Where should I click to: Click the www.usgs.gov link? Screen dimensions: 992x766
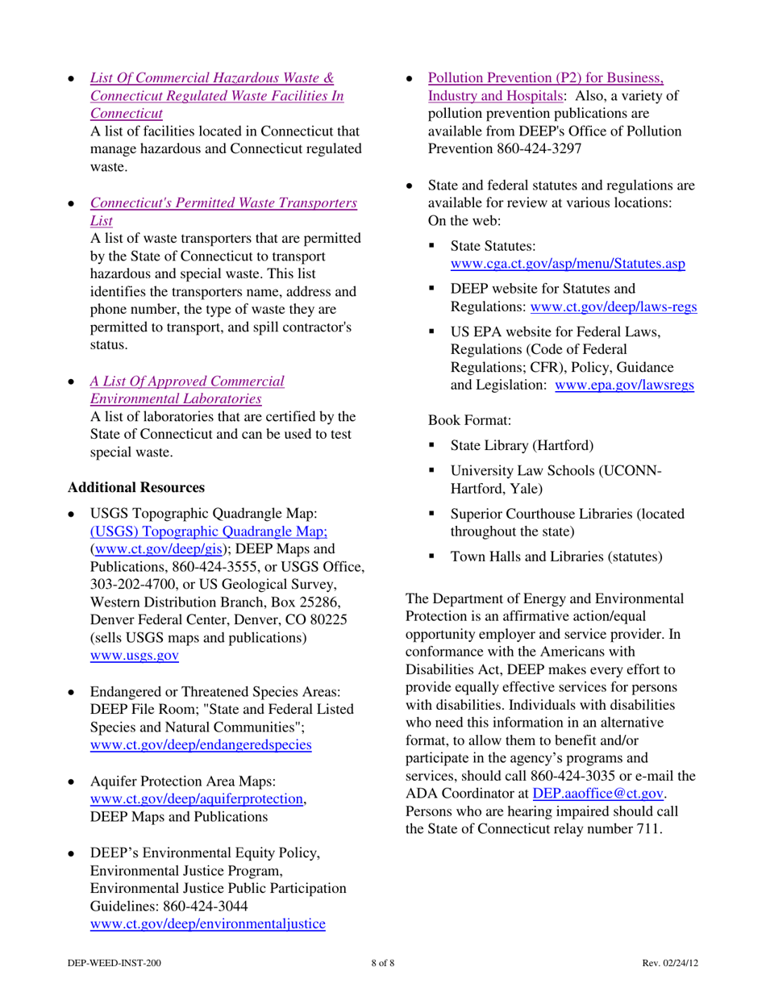pos(134,656)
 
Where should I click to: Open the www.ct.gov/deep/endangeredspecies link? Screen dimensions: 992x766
pos(201,744)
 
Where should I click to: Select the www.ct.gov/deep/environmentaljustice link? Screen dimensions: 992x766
pos(208,923)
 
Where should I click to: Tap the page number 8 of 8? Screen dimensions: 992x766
pos(383,964)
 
